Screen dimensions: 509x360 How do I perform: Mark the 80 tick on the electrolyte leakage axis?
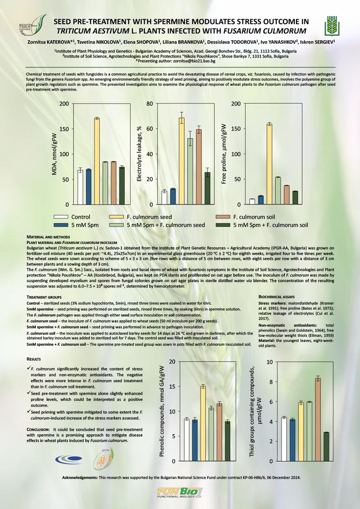pos(149,104)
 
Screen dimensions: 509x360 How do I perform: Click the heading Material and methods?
pos(47,236)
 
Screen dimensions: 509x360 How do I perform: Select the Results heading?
pos(35,359)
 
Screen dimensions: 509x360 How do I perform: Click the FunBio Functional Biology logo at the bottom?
pos(180,494)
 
